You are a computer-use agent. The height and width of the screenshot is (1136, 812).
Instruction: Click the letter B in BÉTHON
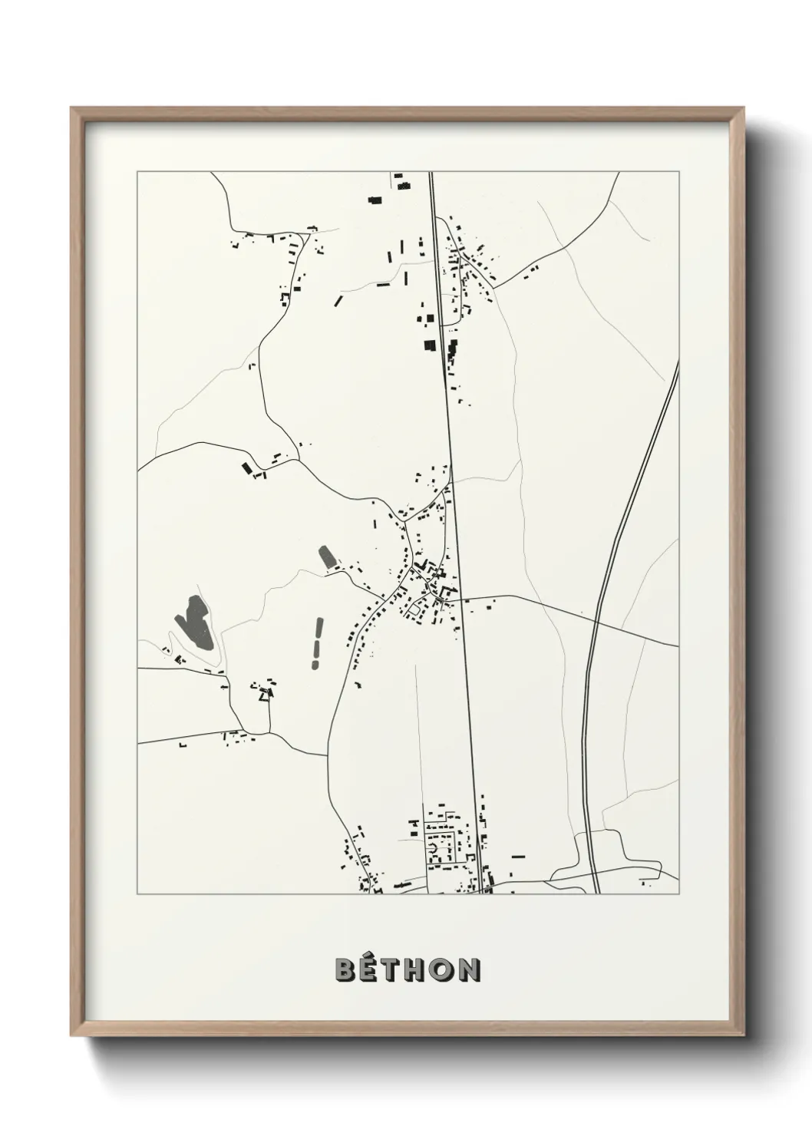click(x=345, y=970)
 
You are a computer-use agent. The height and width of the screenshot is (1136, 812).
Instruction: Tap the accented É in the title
click(x=370, y=969)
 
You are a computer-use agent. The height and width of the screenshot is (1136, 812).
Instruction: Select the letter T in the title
click(x=393, y=970)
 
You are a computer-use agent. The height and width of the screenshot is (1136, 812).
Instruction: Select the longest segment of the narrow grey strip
click(x=317, y=634)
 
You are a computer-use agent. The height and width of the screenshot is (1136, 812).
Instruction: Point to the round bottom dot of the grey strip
click(x=314, y=662)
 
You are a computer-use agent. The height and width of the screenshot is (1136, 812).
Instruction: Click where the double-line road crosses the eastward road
click(x=596, y=617)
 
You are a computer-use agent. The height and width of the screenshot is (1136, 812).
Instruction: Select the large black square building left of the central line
click(x=430, y=345)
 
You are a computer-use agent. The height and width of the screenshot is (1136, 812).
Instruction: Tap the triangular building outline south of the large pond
click(x=267, y=694)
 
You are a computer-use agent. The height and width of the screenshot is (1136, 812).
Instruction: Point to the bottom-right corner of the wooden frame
click(x=744, y=1035)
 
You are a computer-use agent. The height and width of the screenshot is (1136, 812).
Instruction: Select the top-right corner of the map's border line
click(x=678, y=171)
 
